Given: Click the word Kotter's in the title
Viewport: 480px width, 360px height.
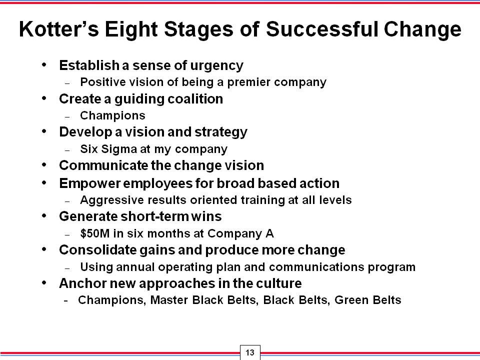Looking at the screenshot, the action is pyautogui.click(x=59, y=29).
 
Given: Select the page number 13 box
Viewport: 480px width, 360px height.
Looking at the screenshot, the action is pyautogui.click(x=250, y=352).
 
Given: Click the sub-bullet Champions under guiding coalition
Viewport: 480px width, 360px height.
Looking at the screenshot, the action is pyautogui.click(x=112, y=115).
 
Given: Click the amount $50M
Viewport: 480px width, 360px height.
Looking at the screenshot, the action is pyautogui.click(x=95, y=233).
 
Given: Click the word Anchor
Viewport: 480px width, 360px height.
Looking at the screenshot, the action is pyautogui.click(x=82, y=283).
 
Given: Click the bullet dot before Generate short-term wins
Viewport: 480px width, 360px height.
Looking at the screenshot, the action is pyautogui.click(x=44, y=216).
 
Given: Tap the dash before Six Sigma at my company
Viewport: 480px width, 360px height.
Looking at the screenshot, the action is pyautogui.click(x=67, y=150).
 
